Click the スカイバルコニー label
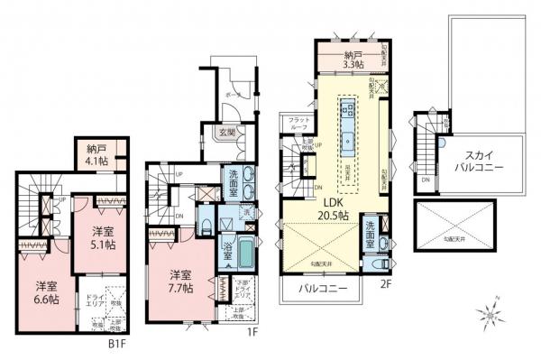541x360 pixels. click(x=472, y=162)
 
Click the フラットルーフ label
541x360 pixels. click(x=295, y=125)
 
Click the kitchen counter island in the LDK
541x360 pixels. click(x=348, y=122)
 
